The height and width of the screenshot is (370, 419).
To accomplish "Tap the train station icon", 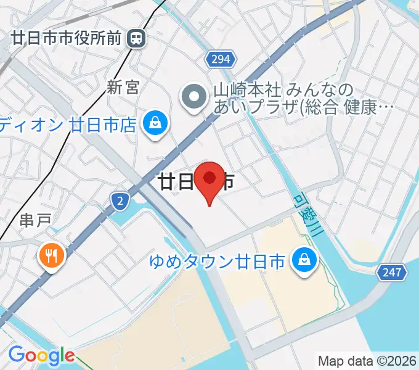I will click(x=136, y=39).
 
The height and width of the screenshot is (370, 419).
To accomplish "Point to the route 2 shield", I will click(x=120, y=200).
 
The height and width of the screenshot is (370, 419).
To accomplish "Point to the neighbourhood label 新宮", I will click(x=123, y=88).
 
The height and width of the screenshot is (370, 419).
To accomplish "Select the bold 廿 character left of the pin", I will click(x=166, y=181).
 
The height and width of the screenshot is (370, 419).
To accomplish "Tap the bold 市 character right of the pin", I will click(x=227, y=181).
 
